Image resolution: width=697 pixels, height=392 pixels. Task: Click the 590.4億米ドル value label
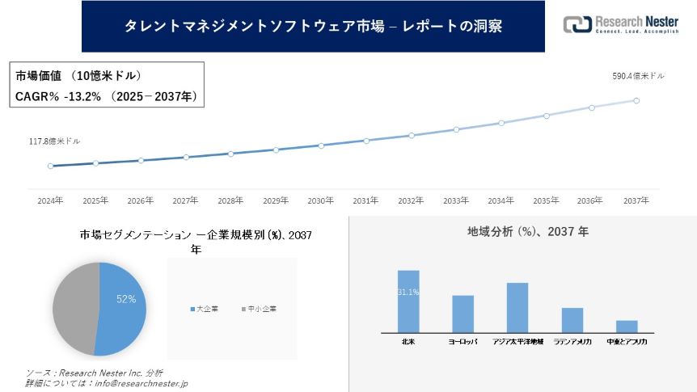pos(639,76)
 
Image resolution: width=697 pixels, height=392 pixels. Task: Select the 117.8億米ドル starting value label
pos(55,141)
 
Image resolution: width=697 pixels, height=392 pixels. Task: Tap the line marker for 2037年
pos(636,101)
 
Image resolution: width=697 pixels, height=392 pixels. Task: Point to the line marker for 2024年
pos(50,166)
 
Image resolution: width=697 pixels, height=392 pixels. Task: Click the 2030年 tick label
pos(321,200)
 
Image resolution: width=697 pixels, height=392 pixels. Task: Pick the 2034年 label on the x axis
pos(501,200)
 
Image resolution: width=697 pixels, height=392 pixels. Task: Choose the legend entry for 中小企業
pos(259,310)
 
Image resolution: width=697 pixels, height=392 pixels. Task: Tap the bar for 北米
pos(408,301)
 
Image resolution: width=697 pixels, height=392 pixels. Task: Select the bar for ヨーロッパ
pos(463,314)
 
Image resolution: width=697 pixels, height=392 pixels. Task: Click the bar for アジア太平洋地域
pos(517,307)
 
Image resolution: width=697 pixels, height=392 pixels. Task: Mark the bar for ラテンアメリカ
pos(572,320)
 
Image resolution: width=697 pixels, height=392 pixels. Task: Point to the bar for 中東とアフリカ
pos(627,326)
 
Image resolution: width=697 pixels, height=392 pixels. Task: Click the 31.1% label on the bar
pos(408,292)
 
